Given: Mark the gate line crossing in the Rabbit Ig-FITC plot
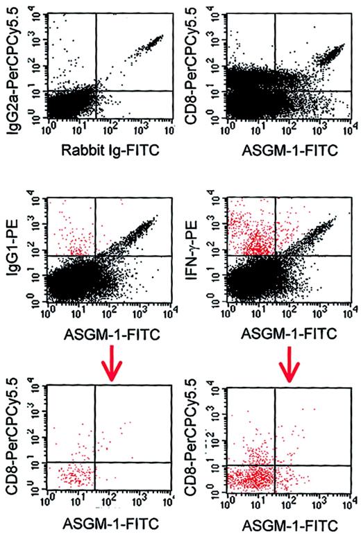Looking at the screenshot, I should pos(95,91).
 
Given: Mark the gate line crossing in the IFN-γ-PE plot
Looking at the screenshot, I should pos(276,256).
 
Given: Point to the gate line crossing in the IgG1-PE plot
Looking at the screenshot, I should pos(95,256).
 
